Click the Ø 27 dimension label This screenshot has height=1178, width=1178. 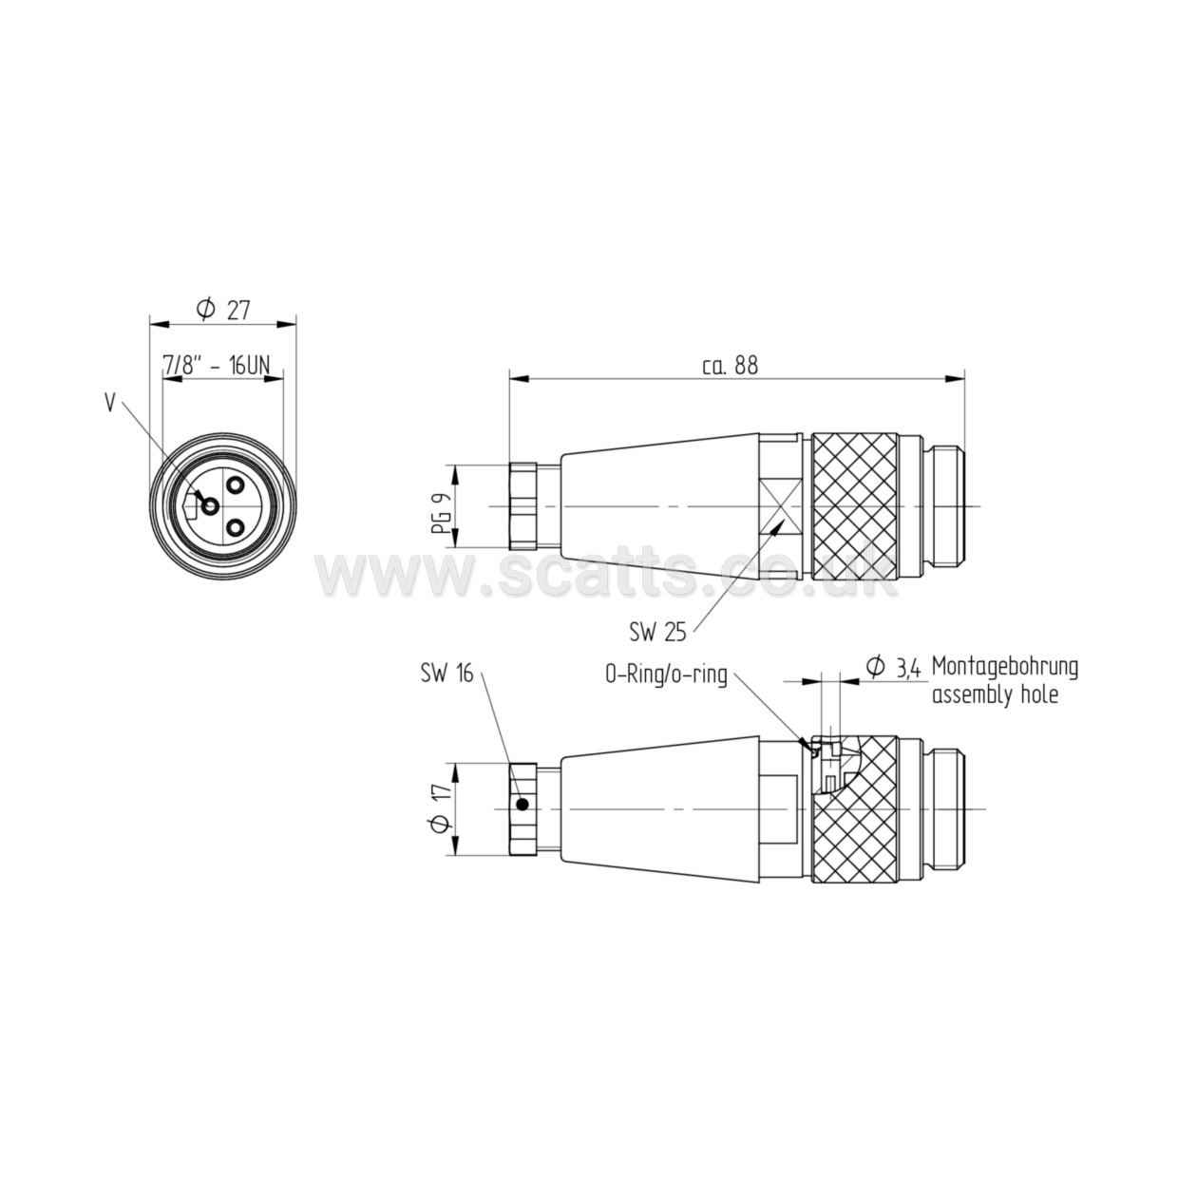[223, 310]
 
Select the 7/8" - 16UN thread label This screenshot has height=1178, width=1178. [216, 365]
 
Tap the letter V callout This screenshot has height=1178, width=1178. [110, 403]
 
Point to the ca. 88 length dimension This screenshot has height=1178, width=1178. [730, 365]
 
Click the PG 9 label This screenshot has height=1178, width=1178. [442, 506]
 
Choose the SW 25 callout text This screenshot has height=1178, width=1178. [657, 633]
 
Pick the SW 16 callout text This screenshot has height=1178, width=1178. [446, 673]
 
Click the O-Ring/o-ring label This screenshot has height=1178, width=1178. [666, 674]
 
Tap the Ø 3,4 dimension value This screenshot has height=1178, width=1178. [894, 668]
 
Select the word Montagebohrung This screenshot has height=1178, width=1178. [1005, 668]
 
